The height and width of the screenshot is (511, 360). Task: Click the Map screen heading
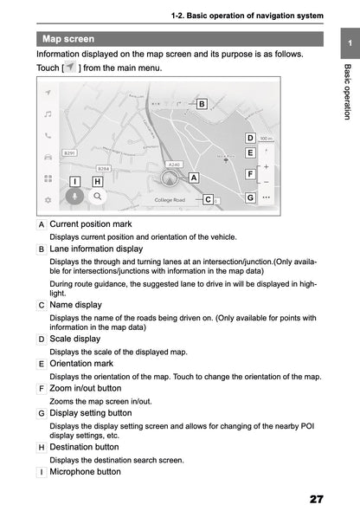[x=69, y=39]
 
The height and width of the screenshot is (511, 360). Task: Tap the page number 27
[x=316, y=500]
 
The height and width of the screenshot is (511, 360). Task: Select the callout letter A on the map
[x=194, y=177]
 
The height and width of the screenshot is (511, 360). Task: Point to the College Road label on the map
[x=170, y=200]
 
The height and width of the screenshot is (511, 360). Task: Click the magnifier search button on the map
[x=99, y=197]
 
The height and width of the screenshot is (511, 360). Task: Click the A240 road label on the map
[x=173, y=163]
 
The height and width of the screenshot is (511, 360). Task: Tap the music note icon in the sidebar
[x=48, y=113]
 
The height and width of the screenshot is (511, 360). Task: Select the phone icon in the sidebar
[x=48, y=135]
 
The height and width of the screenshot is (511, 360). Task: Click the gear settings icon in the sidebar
[x=48, y=199]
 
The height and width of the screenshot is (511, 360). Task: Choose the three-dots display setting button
[x=266, y=197]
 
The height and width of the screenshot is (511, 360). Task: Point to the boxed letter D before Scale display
[x=42, y=339]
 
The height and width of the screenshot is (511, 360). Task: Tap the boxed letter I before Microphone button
[x=42, y=472]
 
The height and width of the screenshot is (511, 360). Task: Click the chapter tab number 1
[x=347, y=43]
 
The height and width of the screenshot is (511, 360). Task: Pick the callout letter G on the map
[x=249, y=197]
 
